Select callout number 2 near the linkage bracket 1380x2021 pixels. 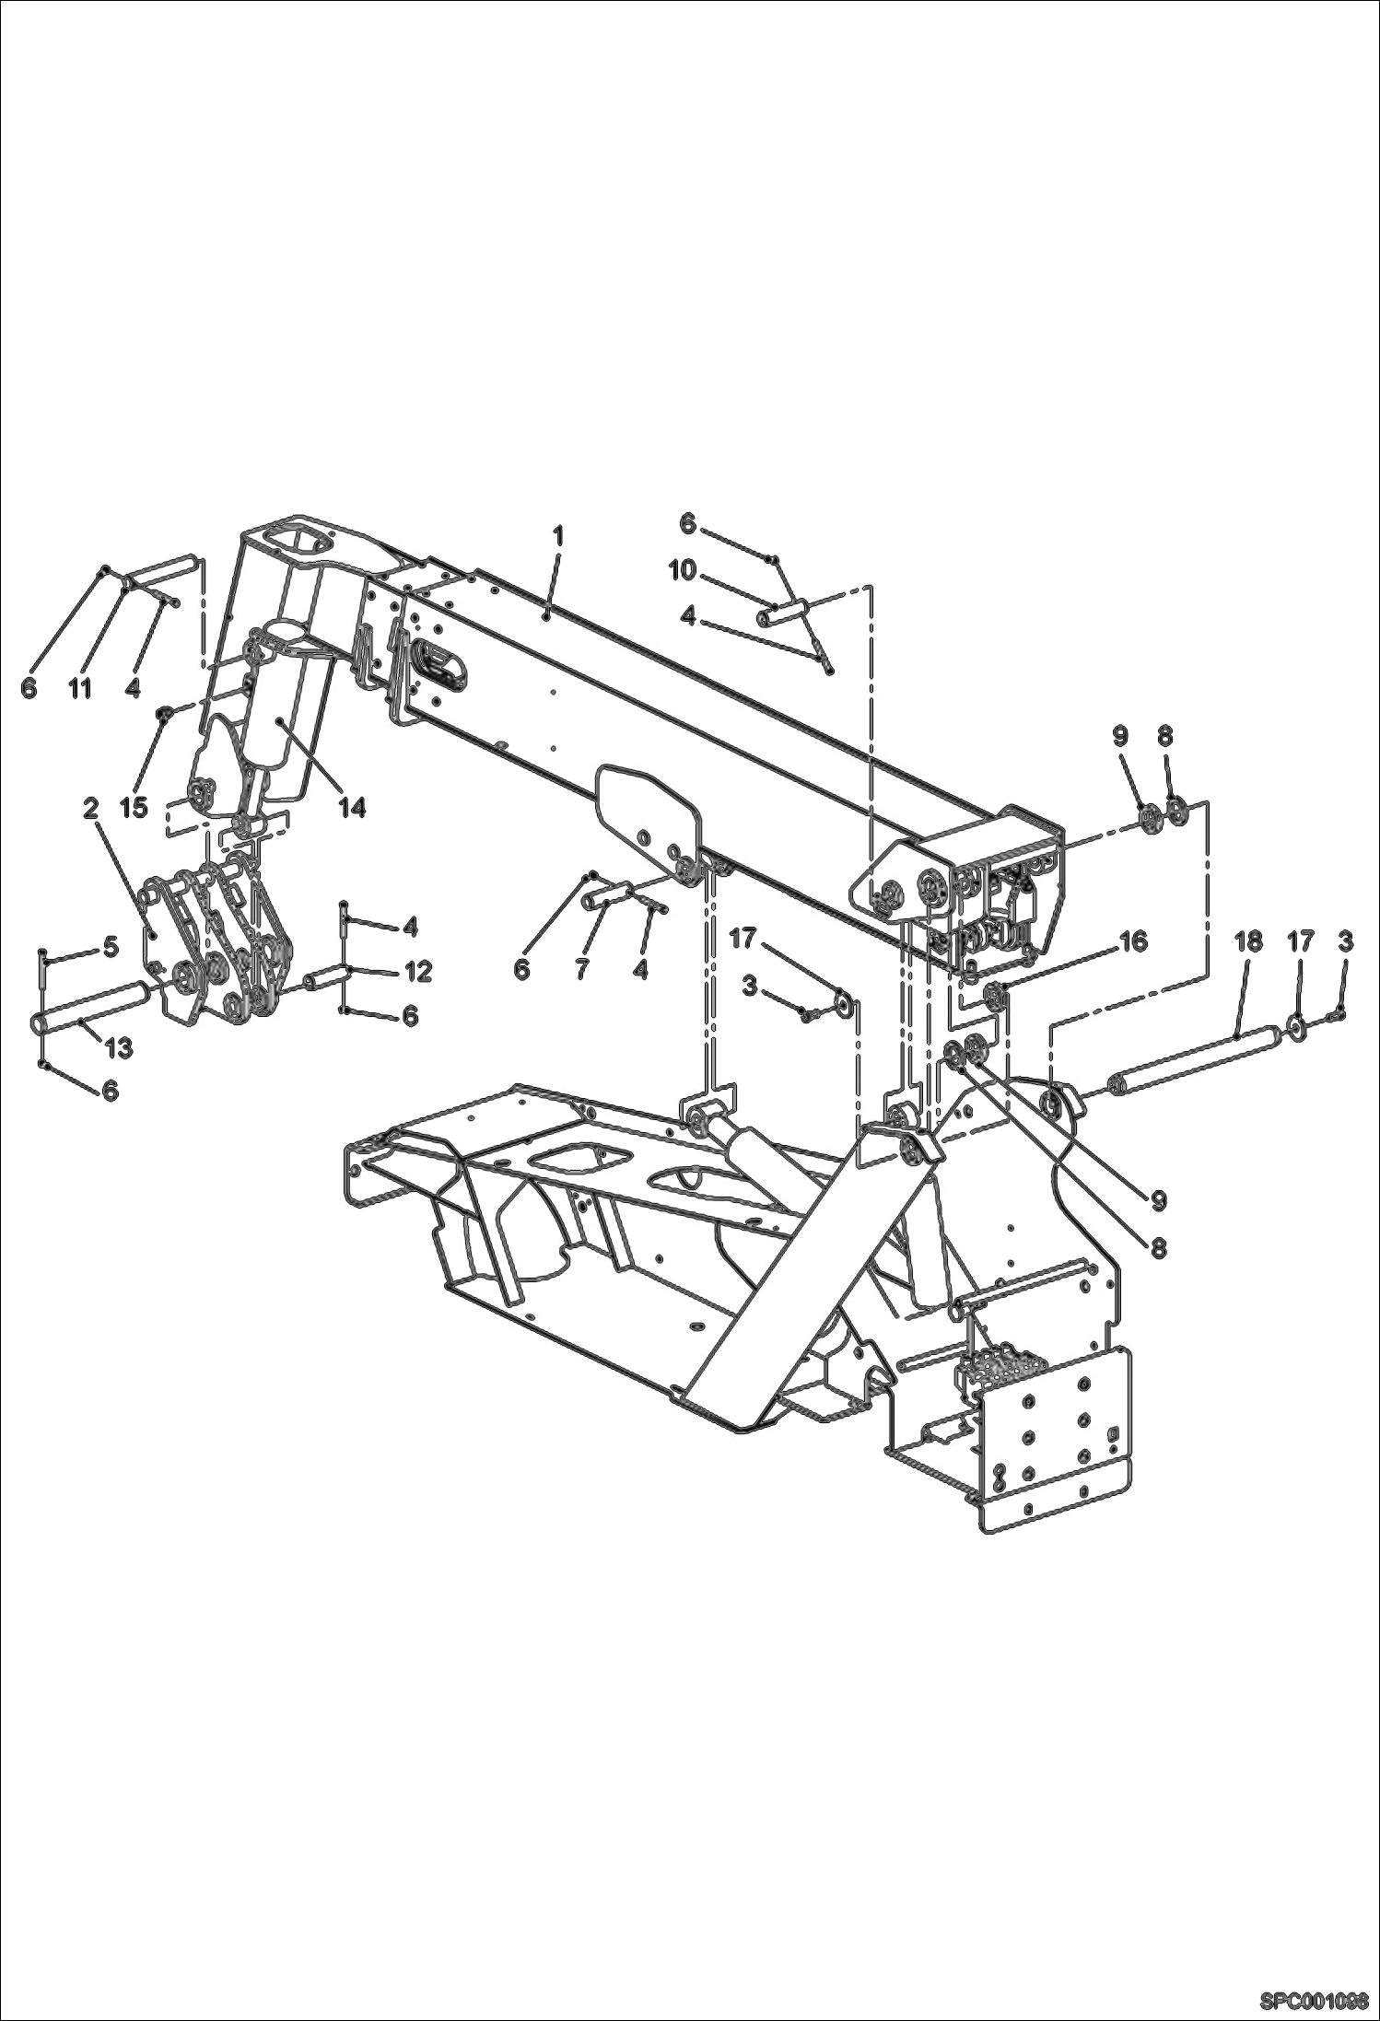tap(90, 809)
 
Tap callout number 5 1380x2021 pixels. tap(111, 946)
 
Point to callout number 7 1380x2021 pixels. tap(582, 969)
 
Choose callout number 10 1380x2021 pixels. tap(683, 570)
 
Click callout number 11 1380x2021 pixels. tap(80, 688)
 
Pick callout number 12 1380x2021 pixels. tap(418, 971)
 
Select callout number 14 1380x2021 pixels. tap(351, 808)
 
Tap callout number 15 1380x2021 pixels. tap(134, 808)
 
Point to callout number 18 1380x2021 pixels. tap(1248, 942)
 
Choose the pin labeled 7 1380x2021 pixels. tap(609, 894)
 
